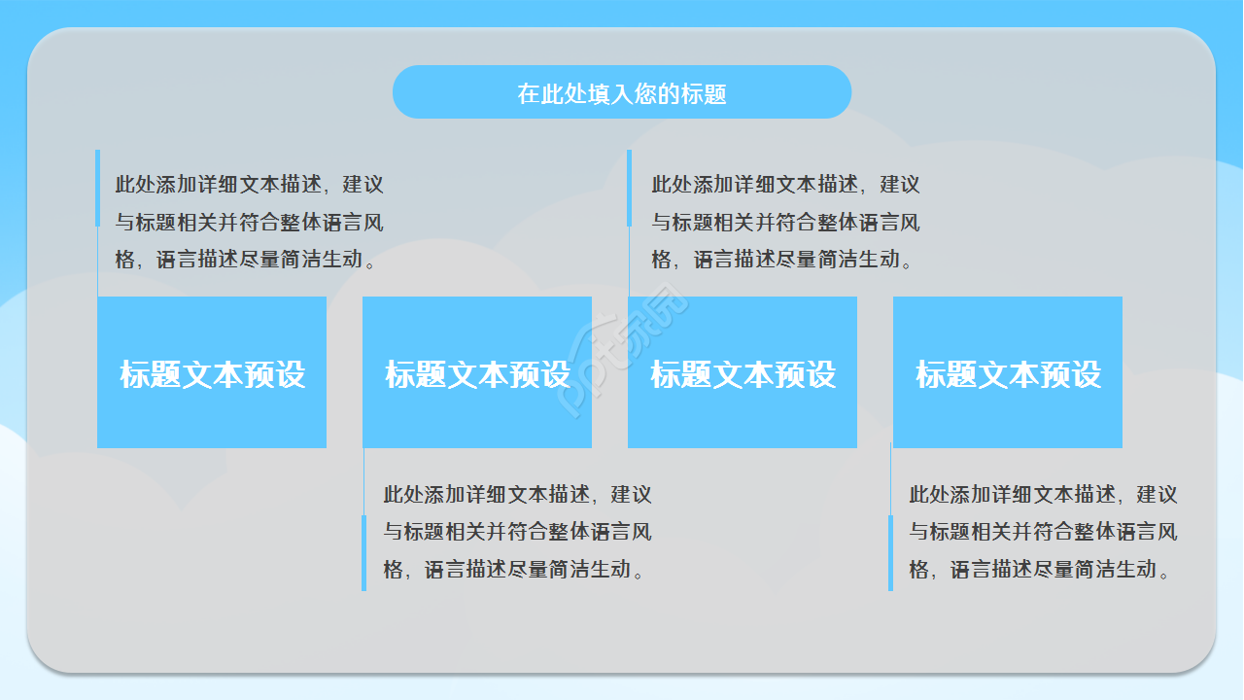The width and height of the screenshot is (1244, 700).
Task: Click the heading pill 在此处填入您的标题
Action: click(622, 92)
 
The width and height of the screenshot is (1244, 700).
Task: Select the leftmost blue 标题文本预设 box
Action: click(212, 372)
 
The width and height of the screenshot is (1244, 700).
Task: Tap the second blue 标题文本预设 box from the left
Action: click(477, 372)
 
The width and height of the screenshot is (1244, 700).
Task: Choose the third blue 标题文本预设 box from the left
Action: click(743, 372)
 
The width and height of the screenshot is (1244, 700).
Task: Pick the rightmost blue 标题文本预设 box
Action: click(1008, 372)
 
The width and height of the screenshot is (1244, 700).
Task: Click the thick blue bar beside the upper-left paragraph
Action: click(97, 188)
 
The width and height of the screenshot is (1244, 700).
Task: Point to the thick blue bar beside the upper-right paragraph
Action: click(629, 188)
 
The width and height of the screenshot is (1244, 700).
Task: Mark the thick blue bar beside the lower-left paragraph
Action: click(364, 552)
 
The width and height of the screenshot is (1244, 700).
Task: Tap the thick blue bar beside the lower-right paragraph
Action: click(890, 552)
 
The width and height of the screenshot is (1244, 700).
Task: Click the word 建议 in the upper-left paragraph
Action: click(363, 185)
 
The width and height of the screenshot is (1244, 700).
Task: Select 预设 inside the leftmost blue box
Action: click(275, 374)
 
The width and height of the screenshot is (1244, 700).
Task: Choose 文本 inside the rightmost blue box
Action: click(1008, 374)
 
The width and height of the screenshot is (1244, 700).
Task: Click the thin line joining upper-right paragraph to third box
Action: click(629, 262)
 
